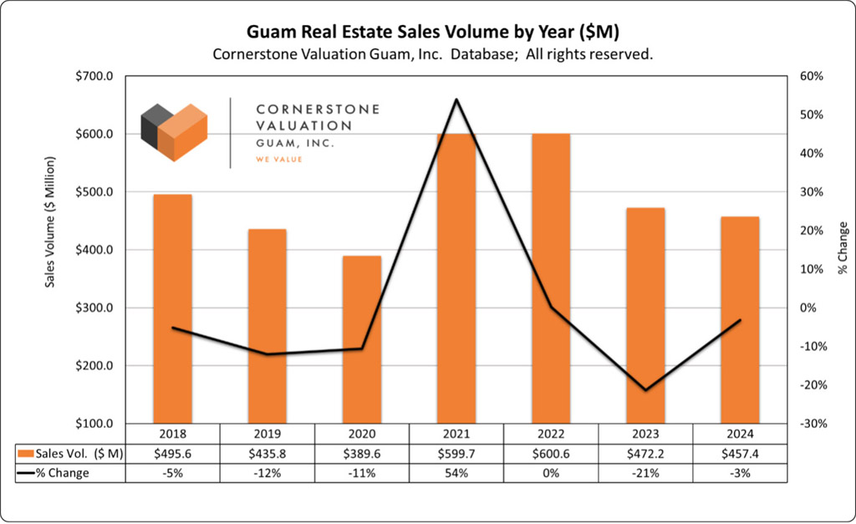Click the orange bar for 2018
pos(172,309)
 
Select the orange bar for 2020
pos(361,339)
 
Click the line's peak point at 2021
pos(456,99)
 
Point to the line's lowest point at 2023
pos(645,389)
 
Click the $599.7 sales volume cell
pos(456,453)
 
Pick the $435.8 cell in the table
pos(267,453)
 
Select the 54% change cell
pos(456,473)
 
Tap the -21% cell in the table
pos(645,473)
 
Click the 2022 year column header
pos(551,434)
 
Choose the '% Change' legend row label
pos(63,473)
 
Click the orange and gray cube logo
pos(173,132)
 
